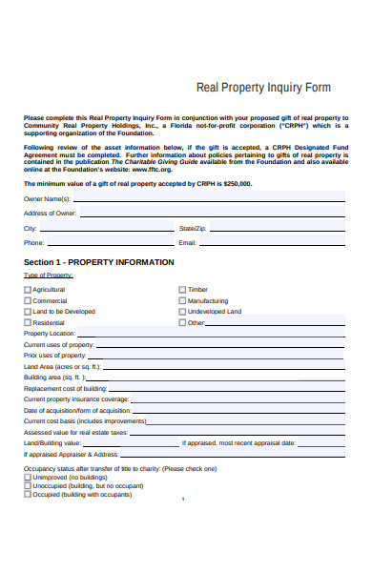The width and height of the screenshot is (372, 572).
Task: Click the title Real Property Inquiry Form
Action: [263, 88]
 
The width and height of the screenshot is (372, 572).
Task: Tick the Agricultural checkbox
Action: [27, 289]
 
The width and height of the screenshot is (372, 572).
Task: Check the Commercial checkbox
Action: [27, 300]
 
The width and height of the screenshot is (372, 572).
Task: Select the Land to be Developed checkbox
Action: [27, 312]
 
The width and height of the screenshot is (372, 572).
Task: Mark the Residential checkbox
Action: [27, 323]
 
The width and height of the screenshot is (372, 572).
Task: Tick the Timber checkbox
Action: [182, 289]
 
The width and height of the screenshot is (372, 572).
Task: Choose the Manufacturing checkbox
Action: [182, 300]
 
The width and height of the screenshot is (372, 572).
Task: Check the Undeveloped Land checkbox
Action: [182, 312]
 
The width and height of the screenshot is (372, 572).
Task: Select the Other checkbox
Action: [182, 323]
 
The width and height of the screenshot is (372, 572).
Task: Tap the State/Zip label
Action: [193, 229]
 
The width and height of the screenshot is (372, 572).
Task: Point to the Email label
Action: [189, 243]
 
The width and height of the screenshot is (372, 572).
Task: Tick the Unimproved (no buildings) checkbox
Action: [27, 477]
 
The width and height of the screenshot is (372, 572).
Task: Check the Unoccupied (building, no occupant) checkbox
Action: [27, 485]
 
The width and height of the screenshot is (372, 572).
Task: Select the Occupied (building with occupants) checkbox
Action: [27, 495]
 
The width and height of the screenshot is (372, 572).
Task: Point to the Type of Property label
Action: [49, 276]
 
